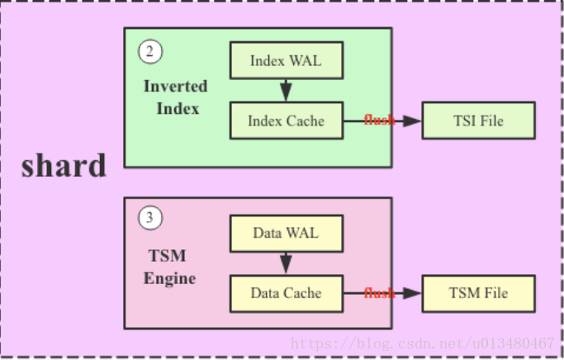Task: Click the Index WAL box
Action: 286,60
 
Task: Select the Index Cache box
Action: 286,121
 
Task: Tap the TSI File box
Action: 478,121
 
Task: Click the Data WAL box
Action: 286,234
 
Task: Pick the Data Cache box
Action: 286,293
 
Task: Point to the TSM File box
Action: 478,293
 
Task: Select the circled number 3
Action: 149,219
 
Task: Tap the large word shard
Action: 64,165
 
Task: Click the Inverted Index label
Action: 175,97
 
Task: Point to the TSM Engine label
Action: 169,267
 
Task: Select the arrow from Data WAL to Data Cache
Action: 286,263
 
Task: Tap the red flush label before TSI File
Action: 379,121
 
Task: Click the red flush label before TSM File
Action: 379,293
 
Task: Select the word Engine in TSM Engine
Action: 169,278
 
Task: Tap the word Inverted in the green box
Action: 175,86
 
